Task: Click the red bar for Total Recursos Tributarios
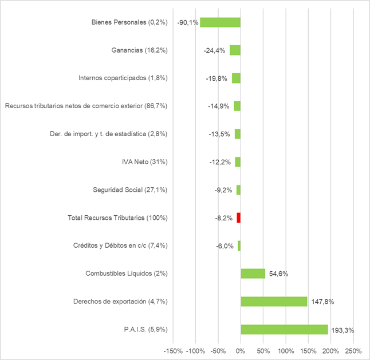pos(238,217)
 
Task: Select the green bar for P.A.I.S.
pos(284,330)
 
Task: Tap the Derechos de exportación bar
pos(274,302)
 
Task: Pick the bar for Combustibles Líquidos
pos(253,274)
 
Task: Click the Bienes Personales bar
pos(221,22)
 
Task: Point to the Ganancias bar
pos(235,50)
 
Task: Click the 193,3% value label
pos(343,330)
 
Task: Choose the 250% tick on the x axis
pos(353,350)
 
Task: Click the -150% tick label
pos(173,350)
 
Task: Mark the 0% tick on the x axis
pos(241,350)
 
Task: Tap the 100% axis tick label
pos(285,350)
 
